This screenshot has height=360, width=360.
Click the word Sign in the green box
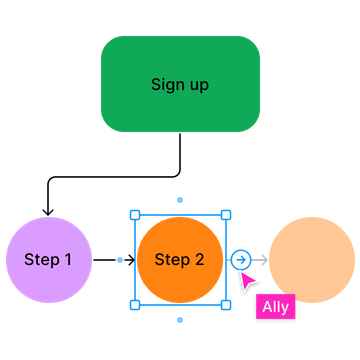pyautogui.click(x=166, y=85)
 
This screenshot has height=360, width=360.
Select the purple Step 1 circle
pyautogui.click(x=48, y=260)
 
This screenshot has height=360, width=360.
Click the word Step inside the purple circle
pyautogui.click(x=41, y=260)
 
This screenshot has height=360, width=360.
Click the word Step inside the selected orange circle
pyautogui.click(x=171, y=260)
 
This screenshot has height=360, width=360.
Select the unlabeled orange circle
pyautogui.click(x=312, y=260)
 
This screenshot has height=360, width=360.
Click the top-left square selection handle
pyautogui.click(x=134, y=214)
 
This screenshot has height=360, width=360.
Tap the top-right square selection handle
pyautogui.click(x=226, y=214)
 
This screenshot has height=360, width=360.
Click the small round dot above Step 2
pyautogui.click(x=180, y=200)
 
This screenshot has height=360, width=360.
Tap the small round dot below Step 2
pyautogui.click(x=180, y=320)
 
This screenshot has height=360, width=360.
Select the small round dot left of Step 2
pyautogui.click(x=120, y=260)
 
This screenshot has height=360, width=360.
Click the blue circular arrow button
pyautogui.click(x=240, y=260)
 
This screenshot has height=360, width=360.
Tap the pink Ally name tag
pyautogui.click(x=276, y=307)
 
